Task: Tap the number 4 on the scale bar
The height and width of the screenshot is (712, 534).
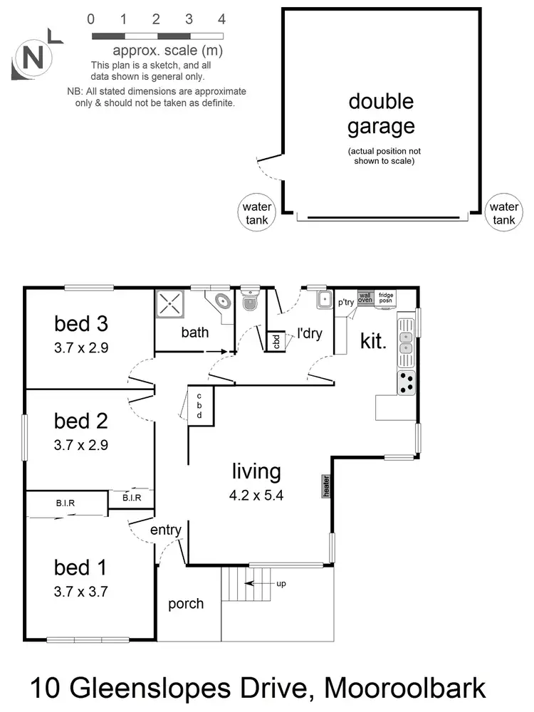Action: (x=221, y=19)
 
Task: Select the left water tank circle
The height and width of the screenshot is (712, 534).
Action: (x=256, y=213)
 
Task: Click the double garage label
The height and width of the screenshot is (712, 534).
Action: (x=381, y=114)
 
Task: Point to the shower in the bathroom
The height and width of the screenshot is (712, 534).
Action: (x=171, y=305)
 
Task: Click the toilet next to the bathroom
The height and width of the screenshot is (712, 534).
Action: (x=250, y=303)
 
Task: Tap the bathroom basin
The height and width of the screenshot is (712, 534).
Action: (x=221, y=301)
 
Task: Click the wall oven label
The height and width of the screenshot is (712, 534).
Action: (x=365, y=297)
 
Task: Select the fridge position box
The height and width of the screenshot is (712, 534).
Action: (x=386, y=297)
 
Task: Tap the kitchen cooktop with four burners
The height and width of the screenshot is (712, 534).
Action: (x=407, y=383)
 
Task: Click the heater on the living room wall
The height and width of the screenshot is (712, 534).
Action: (x=326, y=486)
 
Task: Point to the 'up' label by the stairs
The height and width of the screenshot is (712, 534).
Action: (x=281, y=584)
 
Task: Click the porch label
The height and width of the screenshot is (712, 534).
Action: (x=186, y=604)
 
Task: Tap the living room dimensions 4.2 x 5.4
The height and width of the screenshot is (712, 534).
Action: (x=256, y=496)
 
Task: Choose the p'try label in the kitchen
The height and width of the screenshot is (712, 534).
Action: (x=346, y=302)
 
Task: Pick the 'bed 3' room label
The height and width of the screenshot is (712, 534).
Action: (x=81, y=324)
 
